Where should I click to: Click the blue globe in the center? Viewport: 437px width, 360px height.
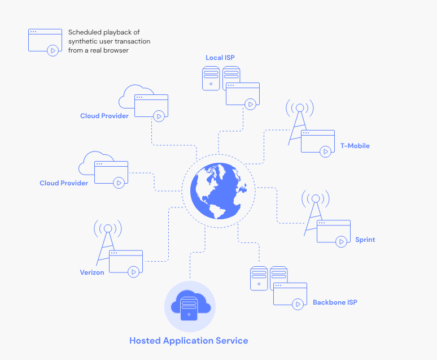(218, 190)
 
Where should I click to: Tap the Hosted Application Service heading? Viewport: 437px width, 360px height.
(189, 341)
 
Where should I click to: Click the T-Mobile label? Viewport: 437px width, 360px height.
(355, 146)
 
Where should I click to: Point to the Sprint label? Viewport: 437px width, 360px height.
(365, 240)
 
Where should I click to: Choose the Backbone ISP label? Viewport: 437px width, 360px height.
(335, 302)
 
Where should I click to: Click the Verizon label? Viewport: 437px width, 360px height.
(92, 272)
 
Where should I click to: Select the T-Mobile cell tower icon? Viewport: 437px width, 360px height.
(299, 122)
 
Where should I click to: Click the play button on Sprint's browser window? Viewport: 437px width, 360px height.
(341, 241)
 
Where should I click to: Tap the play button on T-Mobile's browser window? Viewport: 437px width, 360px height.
(325, 151)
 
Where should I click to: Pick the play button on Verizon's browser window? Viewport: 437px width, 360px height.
(133, 272)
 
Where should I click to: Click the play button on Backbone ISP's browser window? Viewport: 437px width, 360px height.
(298, 304)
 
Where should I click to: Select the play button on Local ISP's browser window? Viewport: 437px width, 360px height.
(250, 104)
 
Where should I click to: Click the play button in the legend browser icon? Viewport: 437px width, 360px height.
(53, 50)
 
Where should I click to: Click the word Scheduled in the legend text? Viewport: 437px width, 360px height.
(85, 32)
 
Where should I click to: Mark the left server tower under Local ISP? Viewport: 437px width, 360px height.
(211, 78)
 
